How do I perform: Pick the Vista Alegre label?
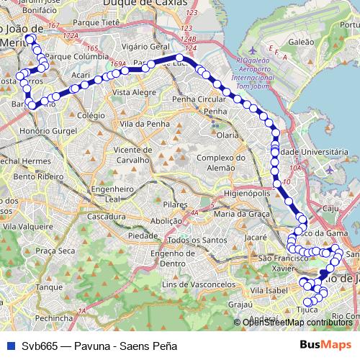(134, 93)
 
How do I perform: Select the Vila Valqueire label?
(27, 225)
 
